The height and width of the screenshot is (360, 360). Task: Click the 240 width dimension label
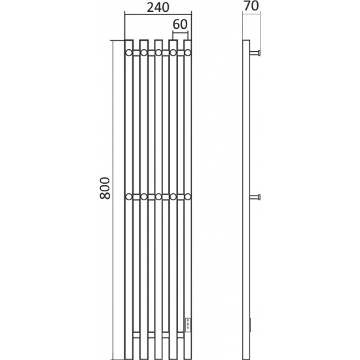158,7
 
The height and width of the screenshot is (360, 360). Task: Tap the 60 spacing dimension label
180,24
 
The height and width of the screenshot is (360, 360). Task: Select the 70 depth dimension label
251,6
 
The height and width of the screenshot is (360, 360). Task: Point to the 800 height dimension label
105,188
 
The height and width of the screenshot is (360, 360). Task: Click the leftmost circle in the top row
129,53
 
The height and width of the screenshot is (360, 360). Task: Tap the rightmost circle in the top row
188,53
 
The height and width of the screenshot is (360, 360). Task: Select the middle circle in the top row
158,53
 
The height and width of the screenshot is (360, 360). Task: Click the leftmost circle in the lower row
129,197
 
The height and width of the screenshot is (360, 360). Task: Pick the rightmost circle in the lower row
188,197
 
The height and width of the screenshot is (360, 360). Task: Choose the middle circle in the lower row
158,197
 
